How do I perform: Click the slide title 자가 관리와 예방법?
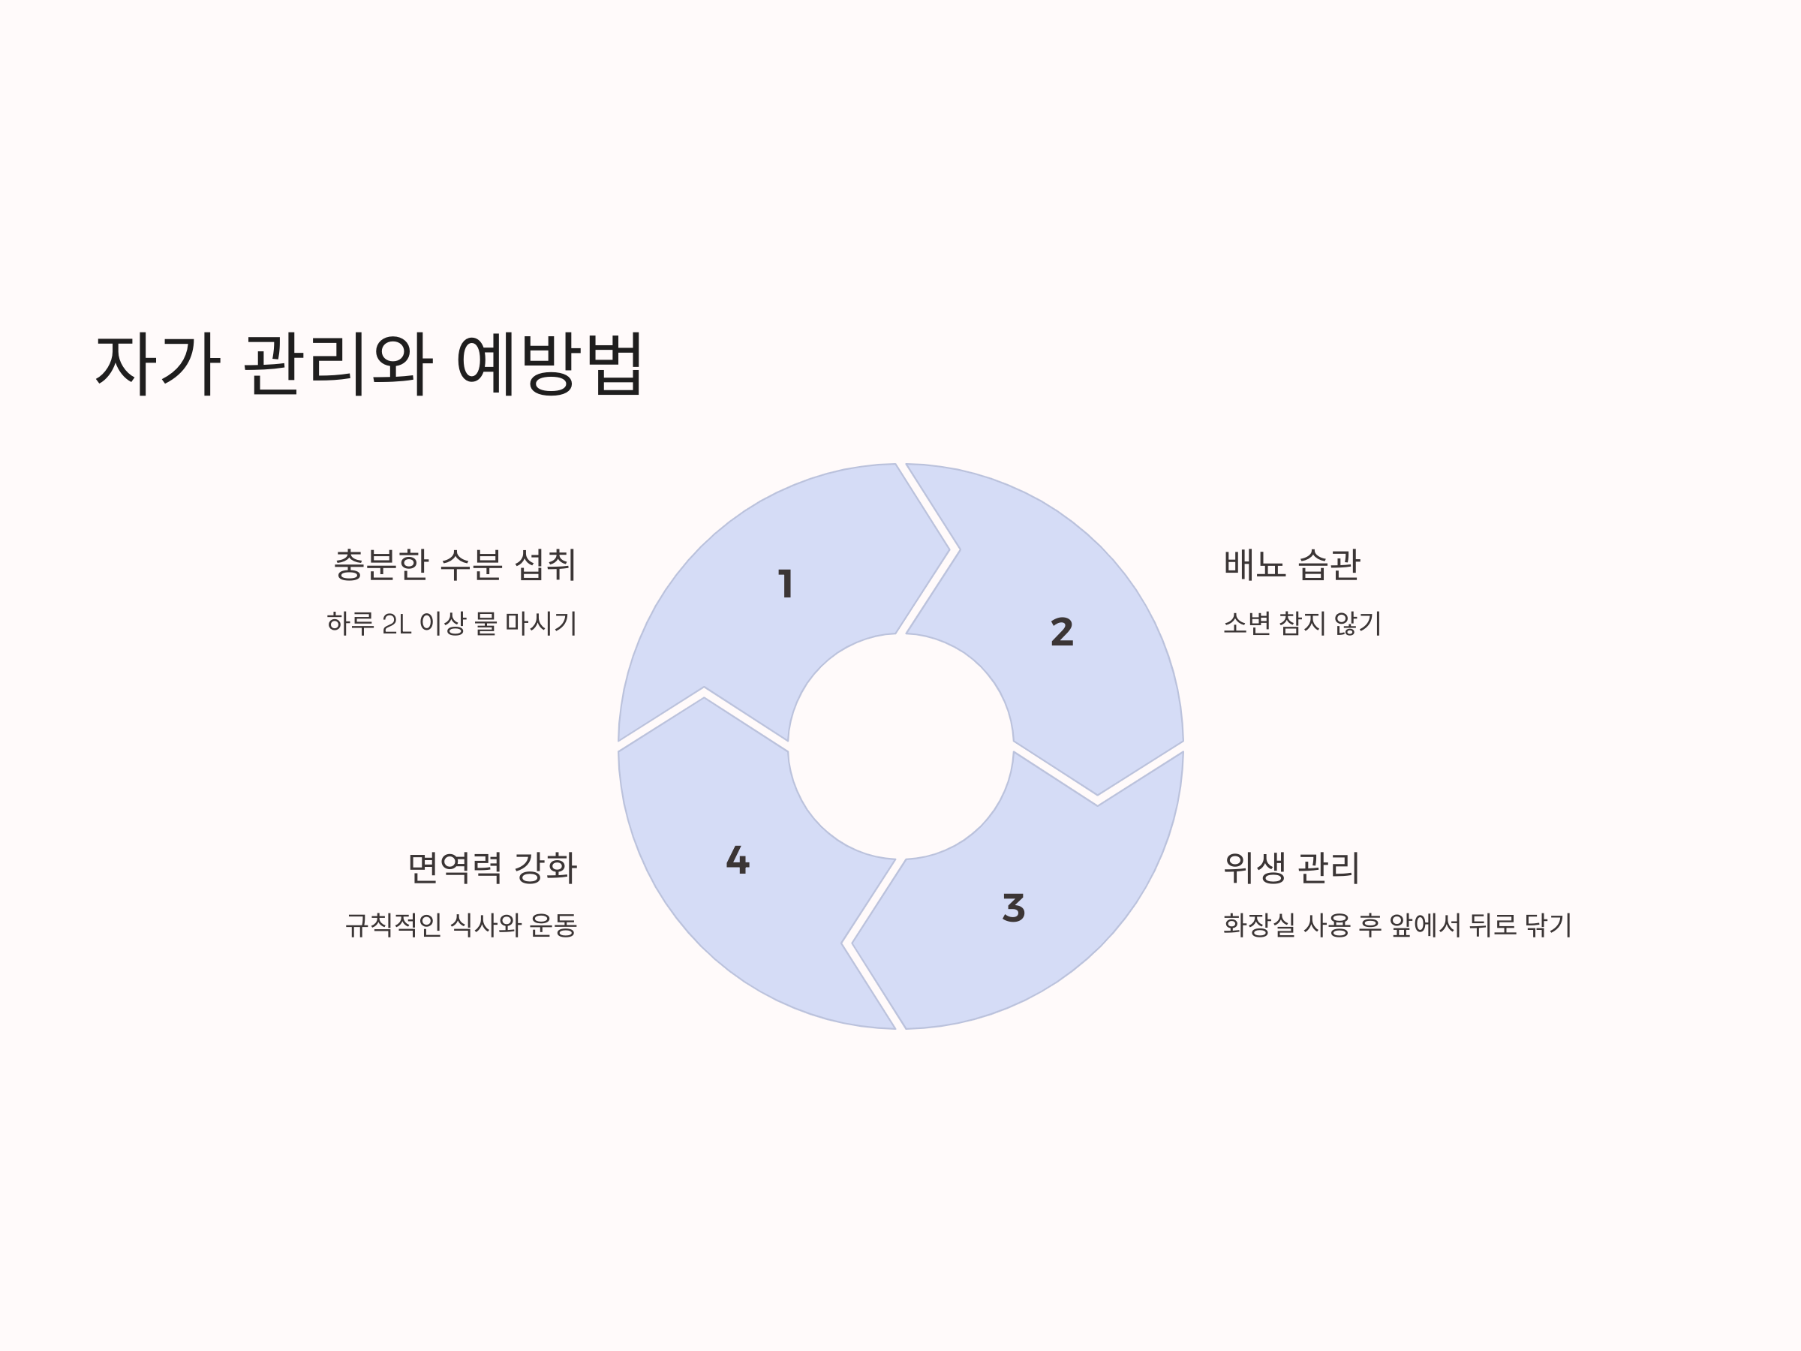[x=369, y=364]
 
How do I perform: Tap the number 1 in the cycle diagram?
[x=786, y=583]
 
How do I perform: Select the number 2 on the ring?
[x=1062, y=632]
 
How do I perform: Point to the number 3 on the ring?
[x=1013, y=907]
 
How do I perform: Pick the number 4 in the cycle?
[x=738, y=860]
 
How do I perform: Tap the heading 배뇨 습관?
[x=1291, y=564]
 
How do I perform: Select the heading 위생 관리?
[x=1291, y=868]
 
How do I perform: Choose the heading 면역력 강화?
[x=492, y=868]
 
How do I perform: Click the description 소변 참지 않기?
[x=1302, y=624]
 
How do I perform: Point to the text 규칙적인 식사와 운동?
[x=461, y=925]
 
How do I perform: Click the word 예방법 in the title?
[x=549, y=364]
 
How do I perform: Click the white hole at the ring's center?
[x=900, y=746]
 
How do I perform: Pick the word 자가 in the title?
[x=158, y=364]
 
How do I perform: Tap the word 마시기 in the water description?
[x=540, y=624]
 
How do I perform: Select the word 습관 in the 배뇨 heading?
[x=1328, y=564]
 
